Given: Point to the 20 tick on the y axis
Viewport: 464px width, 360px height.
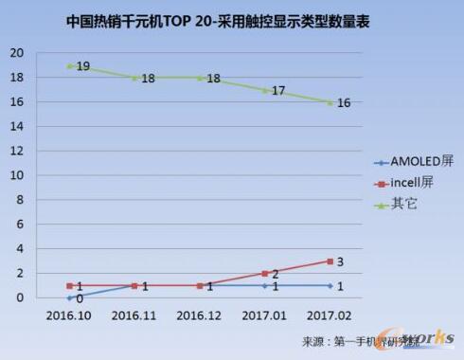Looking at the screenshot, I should [17, 53].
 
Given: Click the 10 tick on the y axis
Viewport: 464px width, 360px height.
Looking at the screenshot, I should [17, 175].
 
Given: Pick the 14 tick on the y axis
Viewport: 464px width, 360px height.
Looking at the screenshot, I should [17, 126].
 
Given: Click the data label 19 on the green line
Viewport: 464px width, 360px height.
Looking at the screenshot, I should [82, 67].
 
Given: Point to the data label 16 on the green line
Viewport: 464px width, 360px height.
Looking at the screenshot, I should [344, 103].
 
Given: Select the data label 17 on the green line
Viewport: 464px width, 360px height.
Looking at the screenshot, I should [278, 91].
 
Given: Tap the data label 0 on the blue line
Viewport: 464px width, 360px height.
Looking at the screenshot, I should [80, 298].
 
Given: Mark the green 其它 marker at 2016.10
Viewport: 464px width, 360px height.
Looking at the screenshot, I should [69, 65].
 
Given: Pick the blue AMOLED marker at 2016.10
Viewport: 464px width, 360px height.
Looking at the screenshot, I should [69, 297].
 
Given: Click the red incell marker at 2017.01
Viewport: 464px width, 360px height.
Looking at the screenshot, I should [264, 273].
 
